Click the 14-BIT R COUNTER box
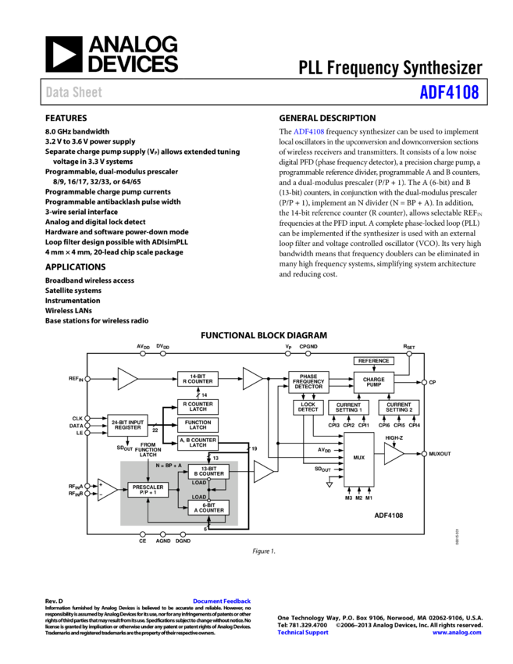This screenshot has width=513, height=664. click(198, 379)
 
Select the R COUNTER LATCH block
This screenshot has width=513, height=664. click(198, 407)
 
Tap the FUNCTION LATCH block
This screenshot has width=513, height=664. click(198, 425)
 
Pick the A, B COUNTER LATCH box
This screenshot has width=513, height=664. click(198, 443)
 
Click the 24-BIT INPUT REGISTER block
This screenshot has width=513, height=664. click(127, 425)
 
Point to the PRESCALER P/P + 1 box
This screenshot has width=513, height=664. click(148, 490)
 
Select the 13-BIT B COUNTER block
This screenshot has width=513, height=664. click(208, 471)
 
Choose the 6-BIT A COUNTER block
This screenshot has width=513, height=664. click(208, 508)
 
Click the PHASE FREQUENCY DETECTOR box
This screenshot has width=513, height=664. click(308, 382)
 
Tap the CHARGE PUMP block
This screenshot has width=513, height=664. click(374, 382)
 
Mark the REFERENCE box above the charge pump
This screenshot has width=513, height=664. click(374, 361)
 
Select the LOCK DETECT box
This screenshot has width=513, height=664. click(308, 407)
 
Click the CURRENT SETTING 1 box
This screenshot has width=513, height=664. click(348, 408)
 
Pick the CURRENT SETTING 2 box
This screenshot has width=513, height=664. click(399, 408)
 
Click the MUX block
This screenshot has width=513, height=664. click(358, 459)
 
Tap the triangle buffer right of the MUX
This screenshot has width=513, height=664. click(393, 453)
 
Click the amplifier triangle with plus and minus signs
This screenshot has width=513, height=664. click(107, 490)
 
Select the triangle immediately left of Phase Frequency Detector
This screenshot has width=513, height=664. click(251, 378)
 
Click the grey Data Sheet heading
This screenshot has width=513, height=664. click(73, 91)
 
